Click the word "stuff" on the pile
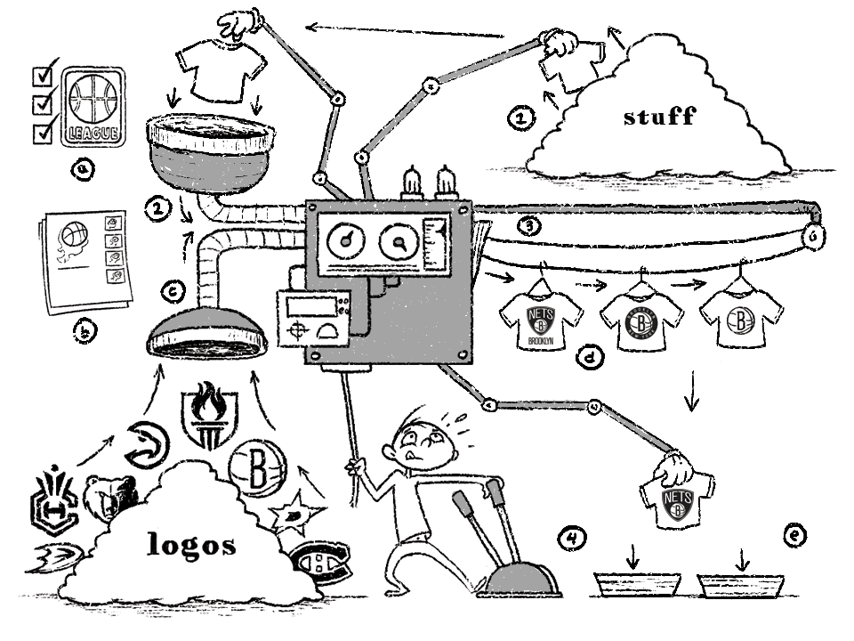coord(658,116)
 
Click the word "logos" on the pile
coord(192,544)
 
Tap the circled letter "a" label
coord(85,169)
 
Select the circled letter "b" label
coord(85,333)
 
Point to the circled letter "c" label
coord(175,289)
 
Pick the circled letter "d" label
coord(589,358)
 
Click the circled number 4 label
coord(574,538)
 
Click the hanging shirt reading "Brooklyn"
coord(541,316)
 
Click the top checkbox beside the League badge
coord(43,73)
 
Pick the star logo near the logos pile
coord(292,511)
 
